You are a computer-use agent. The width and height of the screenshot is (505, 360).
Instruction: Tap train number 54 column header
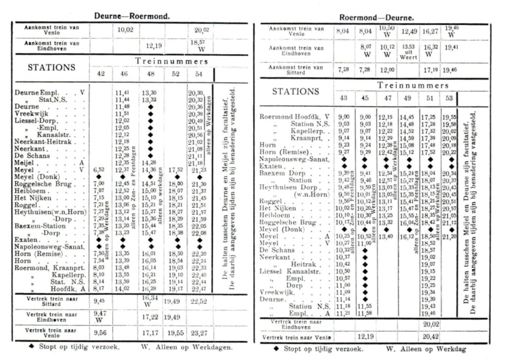(x=200, y=74)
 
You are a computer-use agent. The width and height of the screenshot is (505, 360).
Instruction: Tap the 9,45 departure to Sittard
(x=99, y=301)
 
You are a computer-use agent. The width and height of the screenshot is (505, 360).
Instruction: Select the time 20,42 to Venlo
(x=429, y=337)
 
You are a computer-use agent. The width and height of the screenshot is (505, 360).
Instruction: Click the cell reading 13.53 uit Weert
(x=408, y=50)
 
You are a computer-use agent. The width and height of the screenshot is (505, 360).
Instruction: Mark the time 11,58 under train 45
(x=365, y=313)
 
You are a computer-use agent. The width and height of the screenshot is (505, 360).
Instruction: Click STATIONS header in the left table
(x=51, y=68)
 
